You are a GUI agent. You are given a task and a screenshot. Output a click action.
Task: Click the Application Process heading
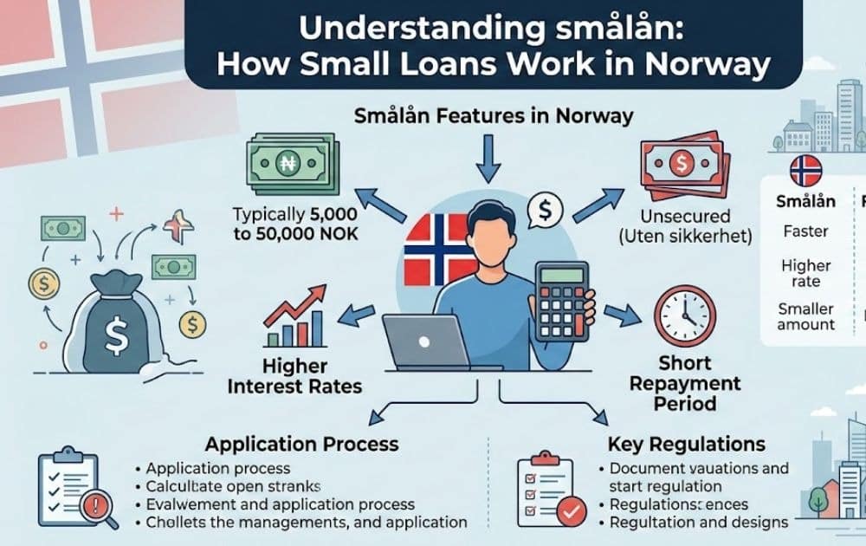(301, 444)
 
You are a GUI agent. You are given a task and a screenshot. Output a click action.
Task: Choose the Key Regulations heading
(687, 444)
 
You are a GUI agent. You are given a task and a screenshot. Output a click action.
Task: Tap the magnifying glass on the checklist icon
(103, 507)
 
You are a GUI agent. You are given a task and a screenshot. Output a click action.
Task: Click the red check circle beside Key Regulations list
(572, 512)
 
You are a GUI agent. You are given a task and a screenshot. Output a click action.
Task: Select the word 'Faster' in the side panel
(805, 231)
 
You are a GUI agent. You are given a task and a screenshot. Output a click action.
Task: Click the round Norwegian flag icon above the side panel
(805, 172)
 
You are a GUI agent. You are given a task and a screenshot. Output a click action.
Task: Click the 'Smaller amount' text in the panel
(805, 316)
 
